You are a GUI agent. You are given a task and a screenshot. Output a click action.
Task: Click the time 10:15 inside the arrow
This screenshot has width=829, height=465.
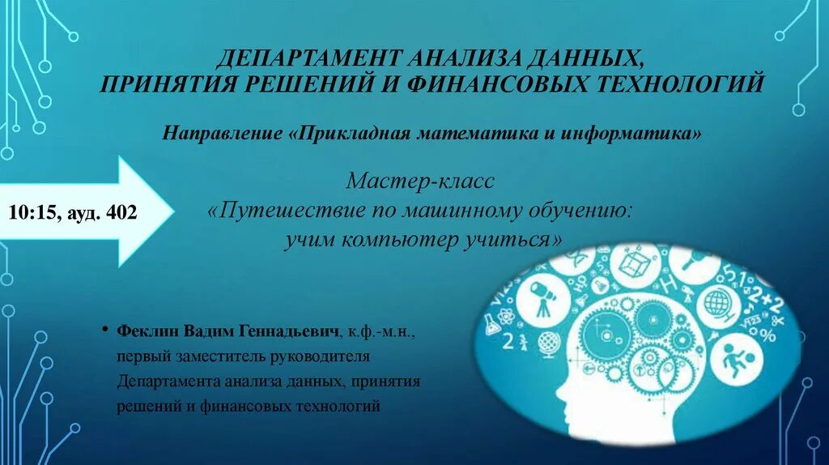(x=32, y=213)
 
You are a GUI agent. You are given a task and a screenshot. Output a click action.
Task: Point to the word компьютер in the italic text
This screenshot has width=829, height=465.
(x=398, y=240)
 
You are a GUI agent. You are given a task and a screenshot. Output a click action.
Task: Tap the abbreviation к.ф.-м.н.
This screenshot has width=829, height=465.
(x=380, y=333)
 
